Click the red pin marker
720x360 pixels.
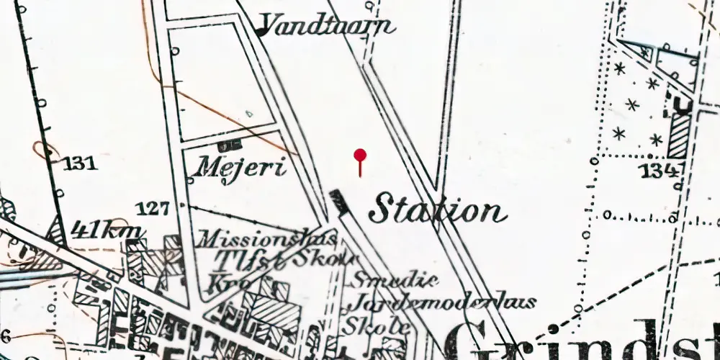[x=360, y=155]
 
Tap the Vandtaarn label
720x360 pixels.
[x=328, y=27]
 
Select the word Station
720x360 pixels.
[x=437, y=210]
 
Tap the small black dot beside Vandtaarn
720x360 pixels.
[x=260, y=32]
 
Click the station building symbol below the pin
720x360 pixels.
[x=339, y=202]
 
